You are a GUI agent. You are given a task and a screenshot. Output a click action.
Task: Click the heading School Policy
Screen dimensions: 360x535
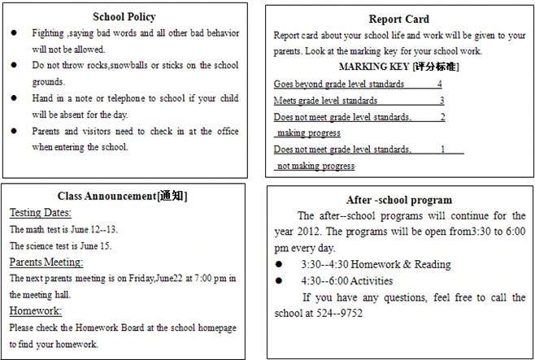coord(124,17)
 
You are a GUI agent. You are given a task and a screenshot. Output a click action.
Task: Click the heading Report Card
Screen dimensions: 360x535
coord(398,19)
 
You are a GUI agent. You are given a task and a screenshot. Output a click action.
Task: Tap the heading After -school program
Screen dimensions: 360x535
coord(398,199)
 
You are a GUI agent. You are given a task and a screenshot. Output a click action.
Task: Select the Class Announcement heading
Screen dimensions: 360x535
coord(123,196)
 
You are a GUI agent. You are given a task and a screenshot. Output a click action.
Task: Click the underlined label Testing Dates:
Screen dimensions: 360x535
coord(41,212)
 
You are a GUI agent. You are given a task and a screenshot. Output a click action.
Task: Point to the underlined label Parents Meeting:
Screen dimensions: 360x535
coord(46,262)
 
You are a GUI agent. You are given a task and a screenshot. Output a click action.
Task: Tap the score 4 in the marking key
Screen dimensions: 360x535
coord(439,84)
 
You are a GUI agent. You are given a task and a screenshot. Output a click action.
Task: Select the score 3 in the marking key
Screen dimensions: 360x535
coord(441,100)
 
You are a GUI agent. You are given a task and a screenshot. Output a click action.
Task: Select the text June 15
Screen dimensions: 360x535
coord(97,245)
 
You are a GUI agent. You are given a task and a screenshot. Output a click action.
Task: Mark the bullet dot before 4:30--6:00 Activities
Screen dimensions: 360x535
coord(279,280)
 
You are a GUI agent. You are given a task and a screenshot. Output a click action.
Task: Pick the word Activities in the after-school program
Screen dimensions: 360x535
coord(370,280)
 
